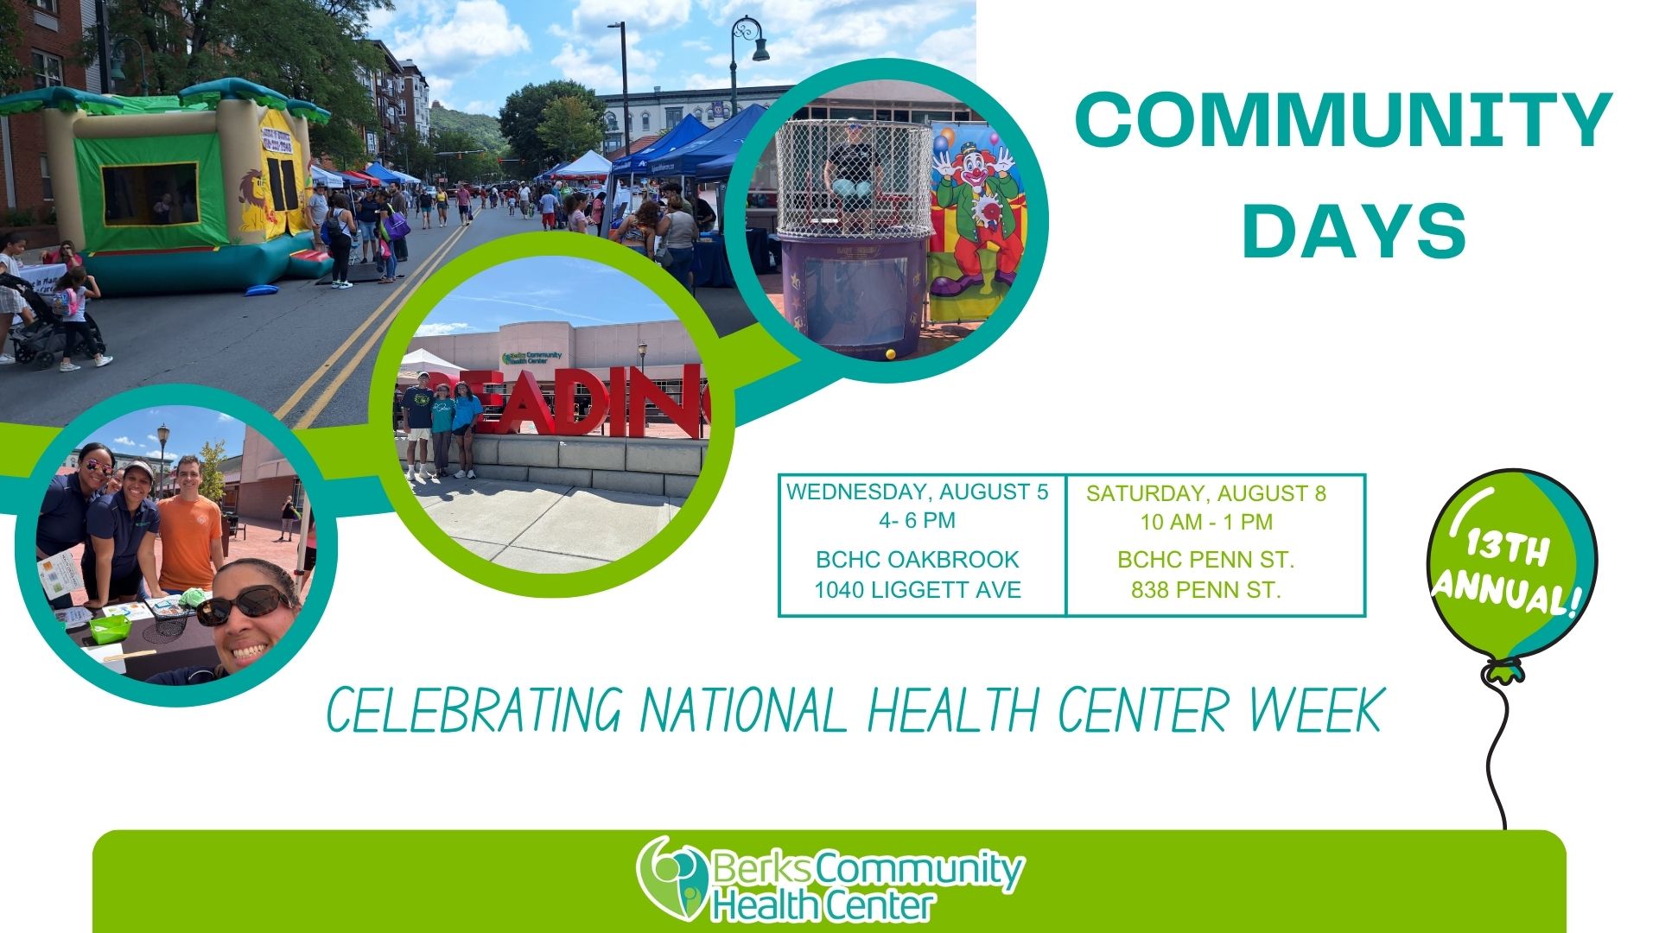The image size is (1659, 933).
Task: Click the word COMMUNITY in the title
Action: tap(1344, 121)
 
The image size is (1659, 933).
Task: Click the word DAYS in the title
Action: tap(1354, 231)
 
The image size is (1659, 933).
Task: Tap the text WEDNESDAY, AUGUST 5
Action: tap(917, 492)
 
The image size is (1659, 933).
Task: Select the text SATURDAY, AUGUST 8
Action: tap(1206, 493)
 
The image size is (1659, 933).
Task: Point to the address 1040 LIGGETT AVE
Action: tap(918, 590)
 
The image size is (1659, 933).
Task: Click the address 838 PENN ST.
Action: tap(1206, 590)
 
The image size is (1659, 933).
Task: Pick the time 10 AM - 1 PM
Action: tap(1206, 522)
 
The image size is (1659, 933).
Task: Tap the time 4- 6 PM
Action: tap(917, 520)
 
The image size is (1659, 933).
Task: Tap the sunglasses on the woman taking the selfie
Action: tap(244, 606)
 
